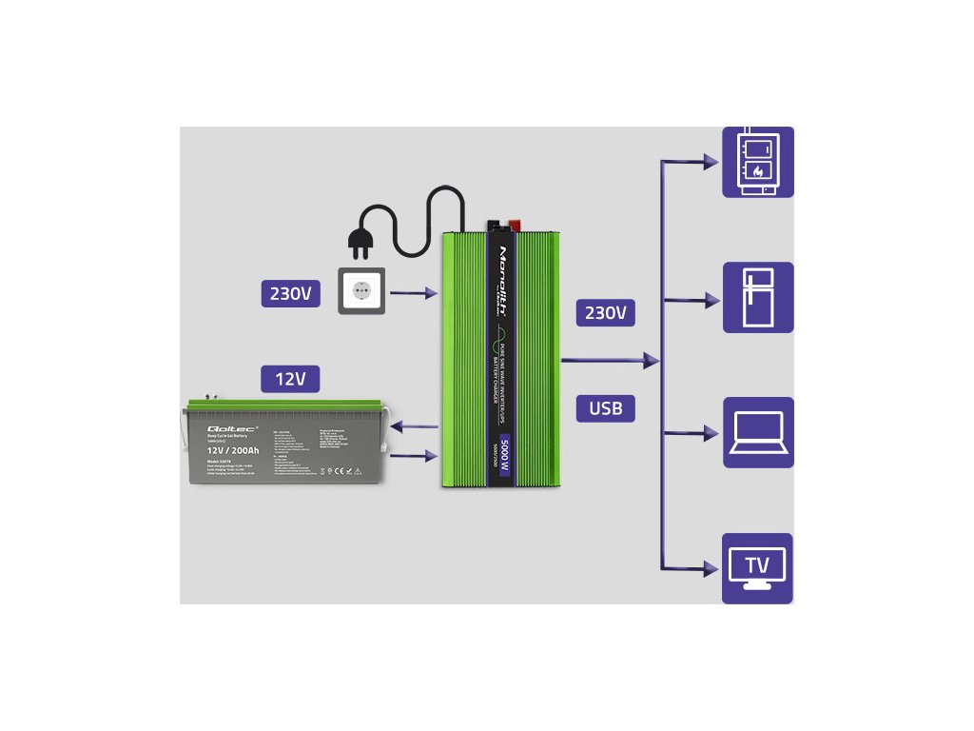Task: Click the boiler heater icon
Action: pos(757,162)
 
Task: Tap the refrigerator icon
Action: pos(757,297)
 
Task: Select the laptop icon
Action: pos(757,432)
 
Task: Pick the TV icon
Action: pos(757,567)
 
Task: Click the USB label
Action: pos(605,408)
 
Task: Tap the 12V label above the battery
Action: pos(290,379)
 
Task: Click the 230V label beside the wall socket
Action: pos(290,293)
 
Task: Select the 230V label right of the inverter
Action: pos(605,312)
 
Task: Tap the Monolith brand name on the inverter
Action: pos(503,275)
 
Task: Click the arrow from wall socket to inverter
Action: pos(413,294)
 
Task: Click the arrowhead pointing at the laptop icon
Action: pos(710,434)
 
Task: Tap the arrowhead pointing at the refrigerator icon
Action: pos(710,301)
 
